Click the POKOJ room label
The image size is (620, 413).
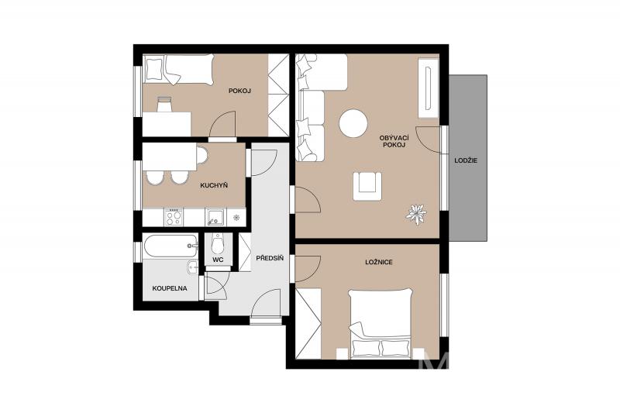point(240,91)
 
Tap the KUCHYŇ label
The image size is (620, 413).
point(214,185)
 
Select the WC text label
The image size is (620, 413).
point(218,260)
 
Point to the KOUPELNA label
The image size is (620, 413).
point(170,288)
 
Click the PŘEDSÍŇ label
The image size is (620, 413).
point(270,259)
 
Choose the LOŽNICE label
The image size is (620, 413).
point(379,262)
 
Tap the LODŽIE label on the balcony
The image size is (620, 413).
point(466,160)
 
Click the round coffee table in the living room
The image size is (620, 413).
point(353,123)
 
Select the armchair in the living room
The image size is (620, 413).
point(367,186)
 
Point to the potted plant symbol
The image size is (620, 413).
point(417,214)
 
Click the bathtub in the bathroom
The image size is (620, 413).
point(170,246)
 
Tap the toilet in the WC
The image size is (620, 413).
point(218,244)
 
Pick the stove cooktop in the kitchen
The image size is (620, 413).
point(174,217)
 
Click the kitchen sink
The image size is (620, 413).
point(215,217)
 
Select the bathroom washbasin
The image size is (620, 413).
point(192,267)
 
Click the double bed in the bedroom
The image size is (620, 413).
point(381,324)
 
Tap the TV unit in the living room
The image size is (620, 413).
point(429,88)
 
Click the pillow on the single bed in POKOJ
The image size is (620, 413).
point(153,69)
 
